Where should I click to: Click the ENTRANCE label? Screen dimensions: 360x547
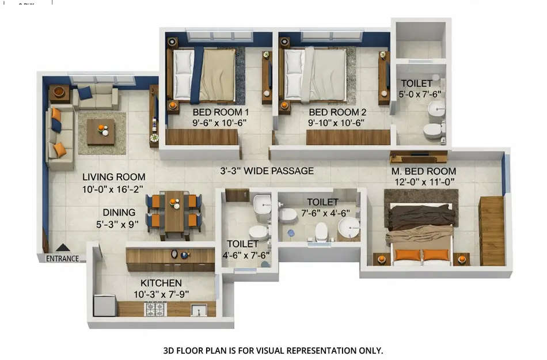(62, 259)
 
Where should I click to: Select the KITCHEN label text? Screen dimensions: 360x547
(161, 283)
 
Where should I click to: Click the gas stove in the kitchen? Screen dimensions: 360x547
(155, 309)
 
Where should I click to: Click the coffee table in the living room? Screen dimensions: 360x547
(101, 132)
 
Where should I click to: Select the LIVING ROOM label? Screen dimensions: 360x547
(113, 177)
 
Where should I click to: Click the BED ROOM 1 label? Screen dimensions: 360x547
(221, 112)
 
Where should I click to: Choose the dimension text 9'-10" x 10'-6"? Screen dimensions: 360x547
(337, 123)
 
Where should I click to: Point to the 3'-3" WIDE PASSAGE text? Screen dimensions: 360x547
(267, 171)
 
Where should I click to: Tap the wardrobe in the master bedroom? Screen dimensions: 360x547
(492, 230)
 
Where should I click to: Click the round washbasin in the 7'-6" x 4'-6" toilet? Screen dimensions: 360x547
(348, 226)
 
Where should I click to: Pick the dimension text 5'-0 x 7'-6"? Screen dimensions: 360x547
(421, 94)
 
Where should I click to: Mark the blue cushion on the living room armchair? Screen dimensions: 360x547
(85, 92)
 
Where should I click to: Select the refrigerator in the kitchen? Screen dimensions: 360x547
(105, 305)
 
